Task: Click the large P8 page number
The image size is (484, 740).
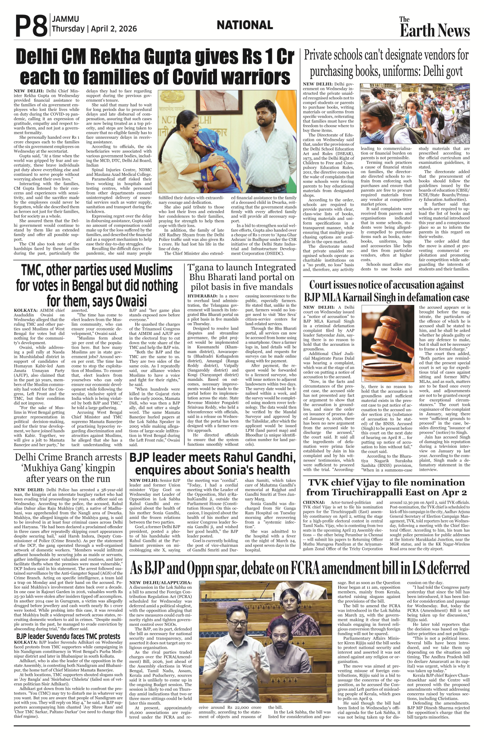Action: (x=31, y=25)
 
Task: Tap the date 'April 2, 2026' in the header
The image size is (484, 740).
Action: (x=114, y=29)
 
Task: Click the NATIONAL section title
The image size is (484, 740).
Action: (x=244, y=25)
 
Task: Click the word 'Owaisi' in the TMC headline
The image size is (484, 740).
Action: (x=131, y=301)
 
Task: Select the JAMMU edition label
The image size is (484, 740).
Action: (x=65, y=19)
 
